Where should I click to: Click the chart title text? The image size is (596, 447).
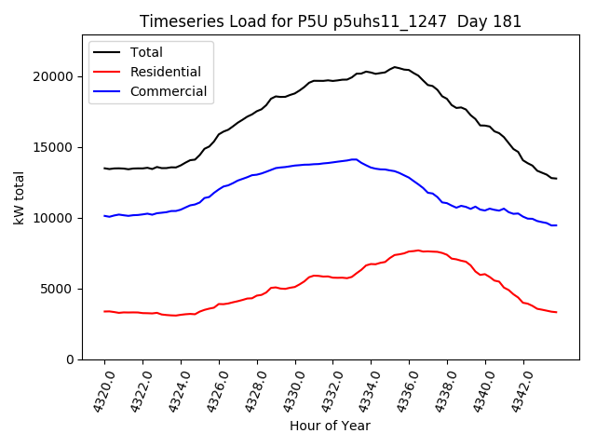[331, 21]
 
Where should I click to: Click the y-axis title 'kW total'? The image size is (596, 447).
[19, 197]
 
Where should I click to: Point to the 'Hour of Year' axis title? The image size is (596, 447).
[330, 426]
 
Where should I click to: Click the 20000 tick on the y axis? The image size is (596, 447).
[58, 76]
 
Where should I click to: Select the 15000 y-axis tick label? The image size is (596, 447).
[58, 147]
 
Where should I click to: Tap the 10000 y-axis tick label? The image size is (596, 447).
[58, 218]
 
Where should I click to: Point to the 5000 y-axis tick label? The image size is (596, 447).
[61, 289]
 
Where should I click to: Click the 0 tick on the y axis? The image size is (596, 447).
[72, 359]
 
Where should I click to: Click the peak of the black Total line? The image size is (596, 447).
[395, 67]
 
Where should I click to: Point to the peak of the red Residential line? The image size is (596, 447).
[418, 251]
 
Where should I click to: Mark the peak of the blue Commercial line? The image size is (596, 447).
[354, 159]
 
